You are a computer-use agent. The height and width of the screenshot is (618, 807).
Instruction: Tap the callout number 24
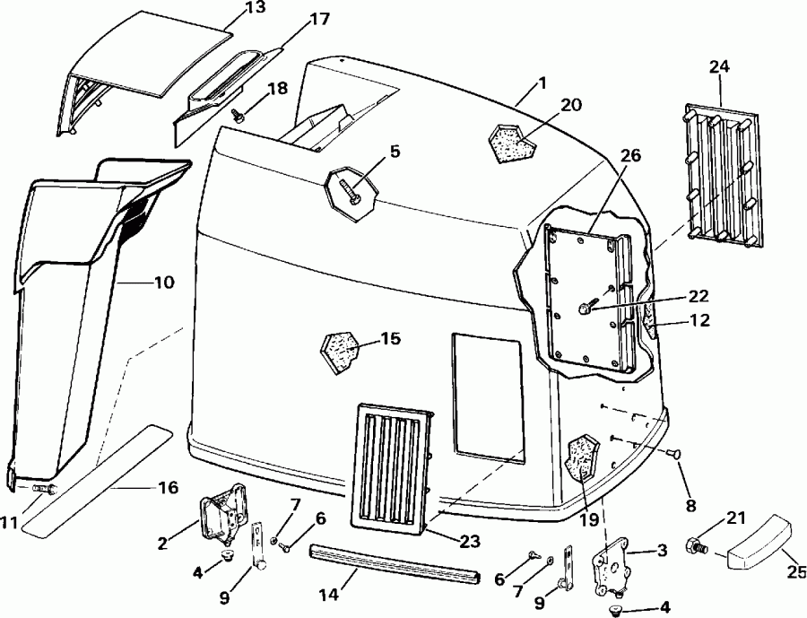coord(719,66)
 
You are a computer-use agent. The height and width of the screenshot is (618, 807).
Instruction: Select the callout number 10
coord(163,282)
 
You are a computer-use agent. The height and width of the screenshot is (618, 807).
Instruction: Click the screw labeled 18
coord(239,115)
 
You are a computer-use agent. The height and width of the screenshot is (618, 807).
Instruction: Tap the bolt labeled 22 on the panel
coord(586,309)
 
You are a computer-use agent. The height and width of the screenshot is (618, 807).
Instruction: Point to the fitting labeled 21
coord(697,544)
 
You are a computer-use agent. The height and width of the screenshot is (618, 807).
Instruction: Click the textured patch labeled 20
coord(508,140)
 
